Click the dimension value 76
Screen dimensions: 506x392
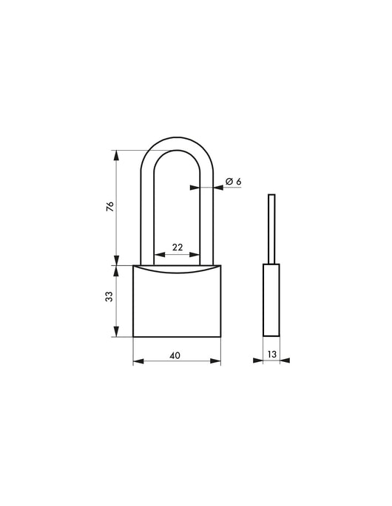coord(109,208)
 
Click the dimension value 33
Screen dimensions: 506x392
coord(109,297)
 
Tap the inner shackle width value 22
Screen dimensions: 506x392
coord(178,247)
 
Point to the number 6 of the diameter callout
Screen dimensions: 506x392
coord(239,181)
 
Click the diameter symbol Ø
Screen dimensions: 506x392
coord(229,181)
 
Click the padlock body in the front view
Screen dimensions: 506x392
coord(177,303)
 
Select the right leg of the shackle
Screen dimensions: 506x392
coord(209,214)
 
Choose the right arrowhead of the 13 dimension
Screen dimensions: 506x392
coord(286,361)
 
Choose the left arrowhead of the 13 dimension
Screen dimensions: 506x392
coord(258,361)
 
